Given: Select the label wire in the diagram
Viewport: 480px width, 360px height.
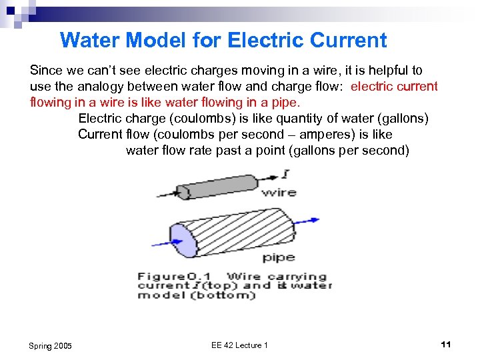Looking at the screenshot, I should (x=278, y=193).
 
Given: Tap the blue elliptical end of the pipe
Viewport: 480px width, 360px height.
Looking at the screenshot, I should (x=185, y=241).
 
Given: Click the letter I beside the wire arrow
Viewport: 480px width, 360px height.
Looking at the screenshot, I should (x=286, y=175).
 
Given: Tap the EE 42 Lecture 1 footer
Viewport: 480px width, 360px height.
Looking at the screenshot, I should (x=239, y=345).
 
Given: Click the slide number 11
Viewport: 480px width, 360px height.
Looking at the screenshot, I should (x=446, y=344).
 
